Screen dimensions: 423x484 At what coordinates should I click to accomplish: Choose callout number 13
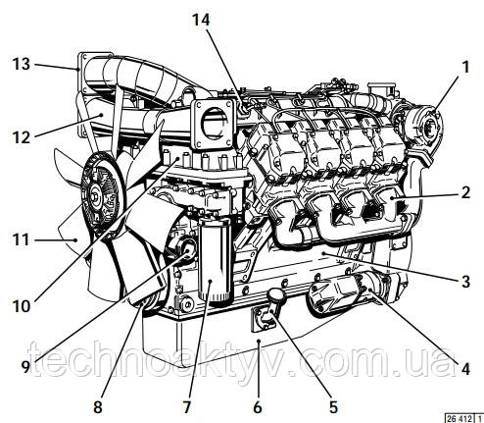(x=19, y=65)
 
